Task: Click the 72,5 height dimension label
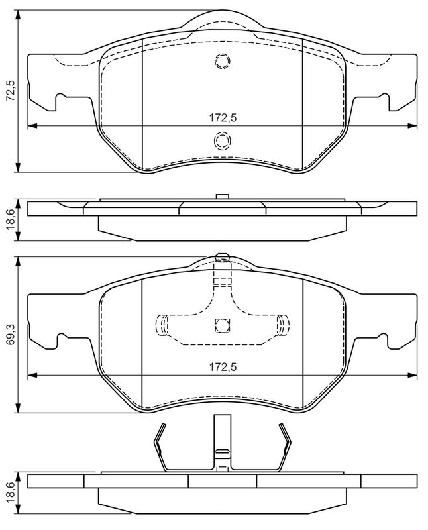tap(11, 91)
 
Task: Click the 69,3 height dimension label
tap(11, 335)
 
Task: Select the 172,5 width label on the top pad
tap(223, 118)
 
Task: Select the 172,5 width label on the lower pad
tap(223, 367)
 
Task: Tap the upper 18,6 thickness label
tap(11, 219)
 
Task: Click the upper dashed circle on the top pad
tap(223, 61)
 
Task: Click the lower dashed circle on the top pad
tap(223, 140)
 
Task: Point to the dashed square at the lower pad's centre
tap(222, 325)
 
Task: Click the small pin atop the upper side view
tap(223, 197)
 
